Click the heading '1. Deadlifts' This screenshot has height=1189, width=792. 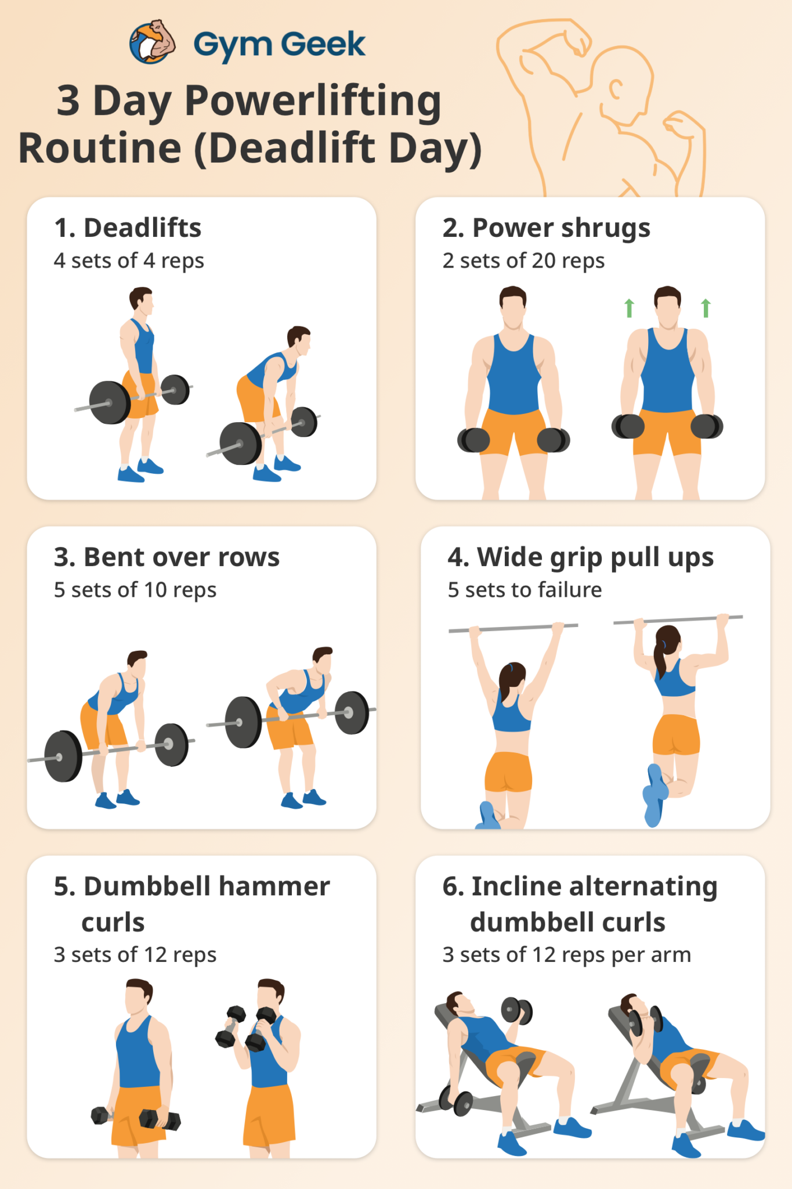click(128, 228)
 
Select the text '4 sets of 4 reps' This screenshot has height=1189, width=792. click(129, 261)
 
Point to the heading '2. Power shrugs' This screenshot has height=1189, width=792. click(546, 228)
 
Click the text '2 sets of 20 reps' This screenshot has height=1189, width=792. click(523, 261)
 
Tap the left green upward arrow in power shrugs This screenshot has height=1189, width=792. click(629, 308)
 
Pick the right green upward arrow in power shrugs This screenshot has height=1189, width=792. click(706, 308)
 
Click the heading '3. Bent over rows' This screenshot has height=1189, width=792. click(167, 557)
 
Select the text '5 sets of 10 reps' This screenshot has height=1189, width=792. click(135, 590)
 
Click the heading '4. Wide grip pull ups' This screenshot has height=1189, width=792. click(580, 557)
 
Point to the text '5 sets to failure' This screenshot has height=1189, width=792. click(525, 590)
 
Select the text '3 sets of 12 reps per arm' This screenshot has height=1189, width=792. click(566, 954)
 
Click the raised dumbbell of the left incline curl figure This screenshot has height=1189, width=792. click(516, 1011)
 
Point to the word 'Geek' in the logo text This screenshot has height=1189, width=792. click(324, 44)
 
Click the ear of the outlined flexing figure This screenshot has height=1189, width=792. click(616, 89)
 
